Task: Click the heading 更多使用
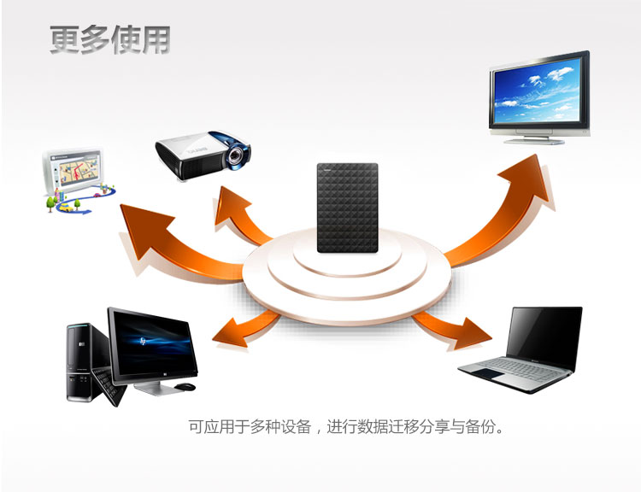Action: (109, 39)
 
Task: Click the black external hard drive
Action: (348, 208)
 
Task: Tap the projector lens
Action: (236, 155)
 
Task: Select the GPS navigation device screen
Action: (79, 168)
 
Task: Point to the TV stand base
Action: (534, 141)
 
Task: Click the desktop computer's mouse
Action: (185, 386)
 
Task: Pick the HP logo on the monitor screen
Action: (143, 341)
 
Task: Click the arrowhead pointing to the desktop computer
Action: (230, 332)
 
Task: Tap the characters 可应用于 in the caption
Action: (219, 426)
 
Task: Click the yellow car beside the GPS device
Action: (66, 208)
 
